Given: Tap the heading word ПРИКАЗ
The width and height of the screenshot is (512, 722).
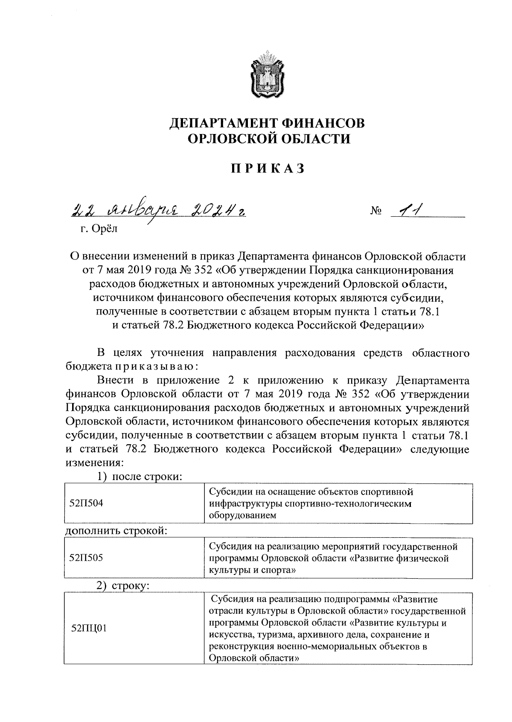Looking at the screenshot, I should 268,169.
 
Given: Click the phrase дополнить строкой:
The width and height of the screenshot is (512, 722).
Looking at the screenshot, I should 116,531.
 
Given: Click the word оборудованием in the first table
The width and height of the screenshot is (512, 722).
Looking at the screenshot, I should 242,515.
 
